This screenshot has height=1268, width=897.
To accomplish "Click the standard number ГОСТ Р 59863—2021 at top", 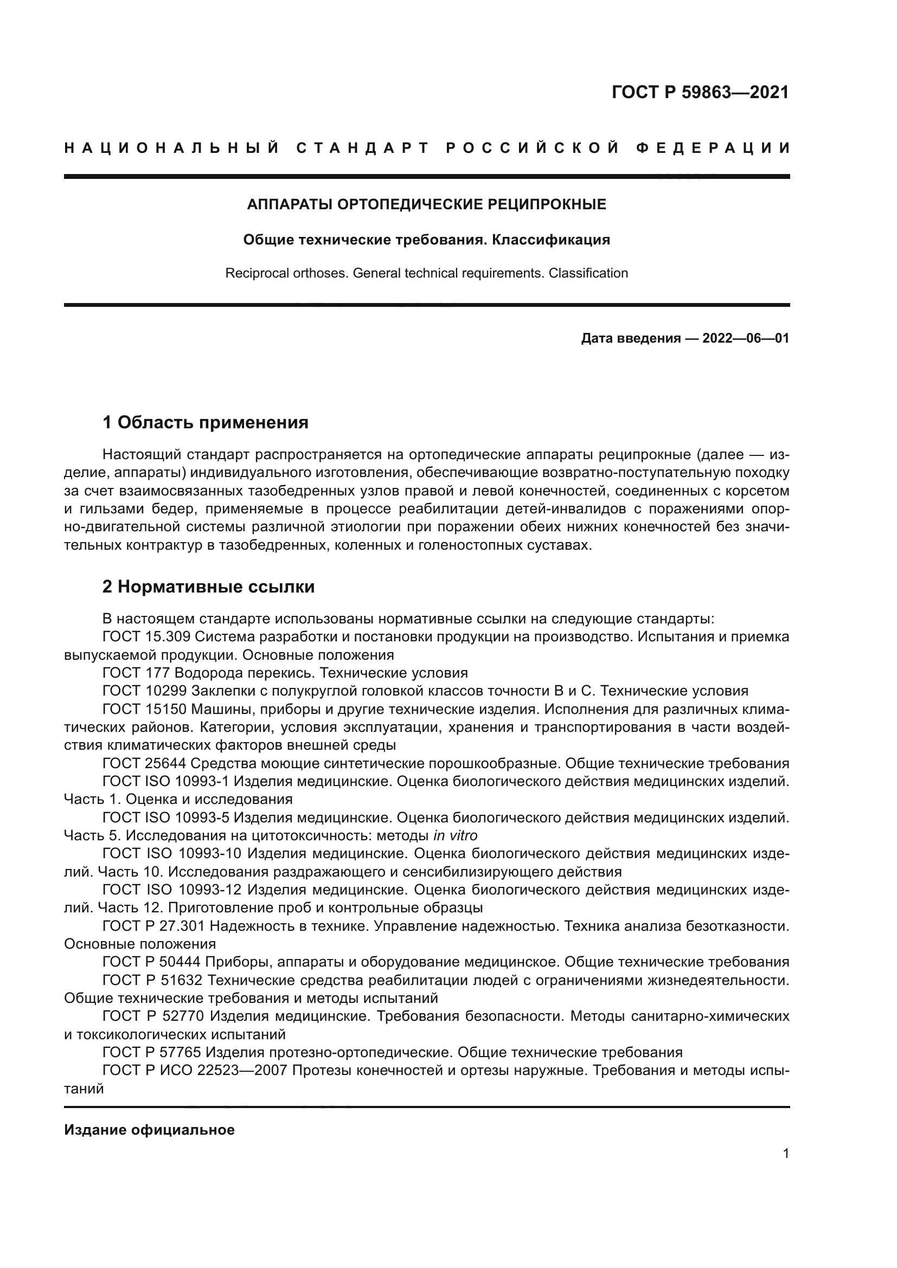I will click(700, 92).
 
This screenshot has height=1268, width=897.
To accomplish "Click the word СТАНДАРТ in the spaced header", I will click(362, 148).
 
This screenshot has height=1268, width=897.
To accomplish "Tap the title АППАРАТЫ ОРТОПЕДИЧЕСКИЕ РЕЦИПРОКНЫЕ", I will click(426, 204).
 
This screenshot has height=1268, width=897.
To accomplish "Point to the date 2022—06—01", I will click(746, 338).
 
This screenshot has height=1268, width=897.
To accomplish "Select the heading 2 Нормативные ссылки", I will click(208, 587).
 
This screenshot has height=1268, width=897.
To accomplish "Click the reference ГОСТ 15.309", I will click(146, 637).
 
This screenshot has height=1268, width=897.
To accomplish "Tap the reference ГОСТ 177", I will click(137, 673).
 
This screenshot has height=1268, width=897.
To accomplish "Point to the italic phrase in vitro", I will click(455, 835).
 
